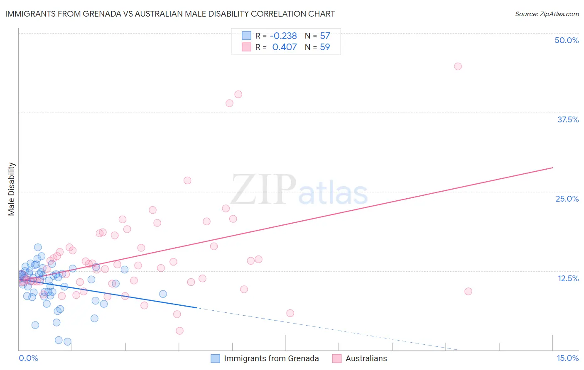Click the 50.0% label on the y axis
click(567, 40)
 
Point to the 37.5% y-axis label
click(568, 119)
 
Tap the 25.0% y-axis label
click(567, 199)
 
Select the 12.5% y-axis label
click(568, 278)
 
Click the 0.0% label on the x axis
click(28, 358)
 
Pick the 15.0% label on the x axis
click(567, 358)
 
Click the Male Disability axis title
click(12, 189)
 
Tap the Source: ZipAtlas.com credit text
click(547, 14)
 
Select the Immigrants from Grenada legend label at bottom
click(271, 358)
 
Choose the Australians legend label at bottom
click(366, 358)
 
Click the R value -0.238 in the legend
click(283, 36)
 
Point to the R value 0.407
click(285, 47)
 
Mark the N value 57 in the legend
click(325, 36)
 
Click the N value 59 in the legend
click(325, 47)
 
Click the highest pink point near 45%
click(458, 66)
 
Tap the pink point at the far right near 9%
click(468, 291)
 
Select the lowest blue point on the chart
click(67, 342)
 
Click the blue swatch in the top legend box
click(247, 36)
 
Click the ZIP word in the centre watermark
click(263, 190)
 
